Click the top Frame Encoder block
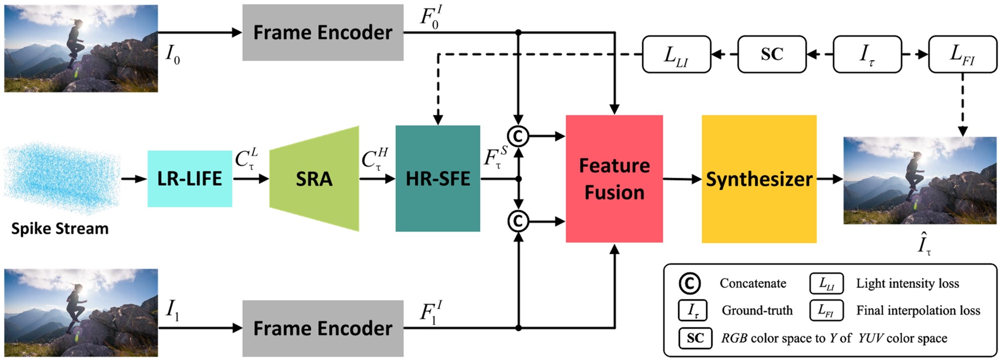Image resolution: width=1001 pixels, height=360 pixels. click(x=323, y=33)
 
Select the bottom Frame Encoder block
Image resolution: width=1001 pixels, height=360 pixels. click(x=323, y=328)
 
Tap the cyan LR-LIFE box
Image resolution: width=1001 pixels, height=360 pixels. click(x=190, y=179)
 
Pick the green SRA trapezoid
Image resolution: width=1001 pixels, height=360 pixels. click(x=314, y=179)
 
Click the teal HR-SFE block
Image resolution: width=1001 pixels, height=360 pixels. click(x=438, y=179)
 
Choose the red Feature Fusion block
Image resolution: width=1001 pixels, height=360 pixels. click(x=614, y=179)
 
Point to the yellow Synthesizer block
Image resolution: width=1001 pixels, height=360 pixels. click(x=759, y=179)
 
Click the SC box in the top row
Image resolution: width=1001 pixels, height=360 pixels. click(x=772, y=54)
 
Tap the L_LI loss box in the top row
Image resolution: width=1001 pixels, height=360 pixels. click(x=676, y=54)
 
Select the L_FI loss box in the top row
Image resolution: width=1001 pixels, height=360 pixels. click(x=963, y=54)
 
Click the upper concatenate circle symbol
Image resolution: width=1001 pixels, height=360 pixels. click(x=518, y=136)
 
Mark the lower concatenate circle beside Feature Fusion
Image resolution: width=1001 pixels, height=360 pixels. click(x=518, y=221)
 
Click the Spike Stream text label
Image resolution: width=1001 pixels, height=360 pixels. click(x=60, y=229)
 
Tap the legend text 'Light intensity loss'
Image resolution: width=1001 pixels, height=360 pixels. click(x=907, y=283)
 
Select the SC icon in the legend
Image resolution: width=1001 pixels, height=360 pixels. click(x=695, y=338)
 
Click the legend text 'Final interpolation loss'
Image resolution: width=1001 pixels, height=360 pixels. click(x=918, y=310)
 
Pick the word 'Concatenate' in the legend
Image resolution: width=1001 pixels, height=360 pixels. click(x=753, y=283)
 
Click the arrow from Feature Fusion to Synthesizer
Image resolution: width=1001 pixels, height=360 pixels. click(x=682, y=179)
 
